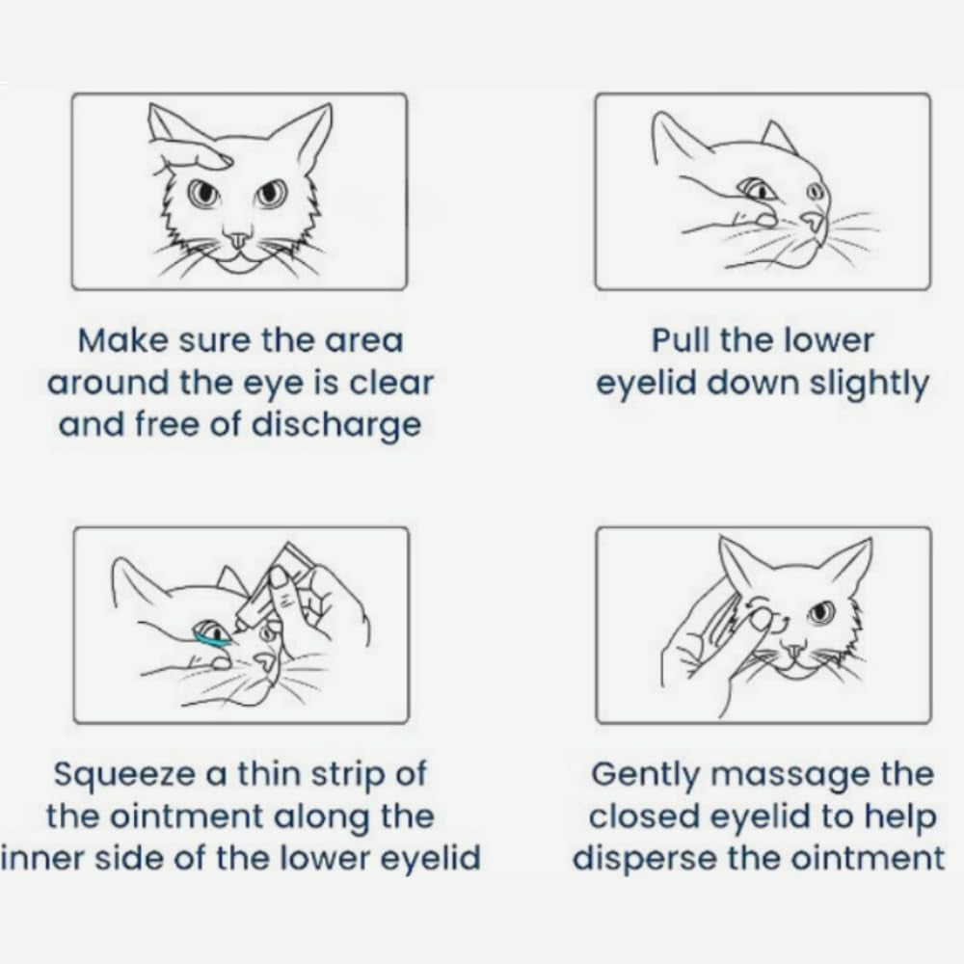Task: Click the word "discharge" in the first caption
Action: pos(336,425)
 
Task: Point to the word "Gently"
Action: pos(645,775)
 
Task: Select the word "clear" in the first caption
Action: pos(391,383)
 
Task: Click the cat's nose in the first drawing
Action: pos(238,238)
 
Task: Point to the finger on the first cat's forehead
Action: pos(196,153)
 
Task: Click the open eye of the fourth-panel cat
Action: pos(820,612)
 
